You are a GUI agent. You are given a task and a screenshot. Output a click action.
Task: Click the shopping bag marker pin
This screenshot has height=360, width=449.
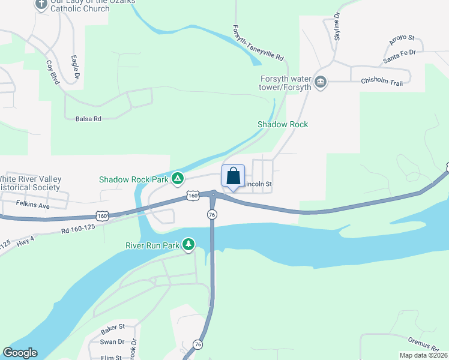pyautogui.click(x=234, y=178)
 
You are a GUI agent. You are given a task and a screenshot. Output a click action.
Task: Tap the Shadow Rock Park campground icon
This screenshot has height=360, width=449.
pyautogui.click(x=178, y=179)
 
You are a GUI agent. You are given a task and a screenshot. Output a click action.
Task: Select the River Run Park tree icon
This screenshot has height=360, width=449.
pyautogui.click(x=189, y=244)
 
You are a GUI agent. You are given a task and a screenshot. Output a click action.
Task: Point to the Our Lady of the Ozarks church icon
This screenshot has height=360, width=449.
pyautogui.click(x=41, y=4)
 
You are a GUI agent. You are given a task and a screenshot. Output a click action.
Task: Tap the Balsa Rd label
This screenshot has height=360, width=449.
pyautogui.click(x=88, y=119)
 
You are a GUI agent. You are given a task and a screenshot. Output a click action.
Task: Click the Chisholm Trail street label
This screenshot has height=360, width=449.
pyautogui.click(x=382, y=82)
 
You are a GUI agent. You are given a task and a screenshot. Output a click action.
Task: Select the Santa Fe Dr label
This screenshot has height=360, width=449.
pyautogui.click(x=400, y=57)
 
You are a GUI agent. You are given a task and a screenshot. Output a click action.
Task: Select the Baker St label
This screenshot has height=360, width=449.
pyautogui.click(x=112, y=328)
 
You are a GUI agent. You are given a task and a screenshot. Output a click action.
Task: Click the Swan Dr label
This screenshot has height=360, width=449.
pyautogui.click(x=112, y=342)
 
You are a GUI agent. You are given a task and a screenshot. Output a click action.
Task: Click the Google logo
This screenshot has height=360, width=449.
pyautogui.click(x=20, y=353)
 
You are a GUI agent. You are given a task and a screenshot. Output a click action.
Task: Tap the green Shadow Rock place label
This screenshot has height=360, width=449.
pyautogui.click(x=283, y=124)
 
